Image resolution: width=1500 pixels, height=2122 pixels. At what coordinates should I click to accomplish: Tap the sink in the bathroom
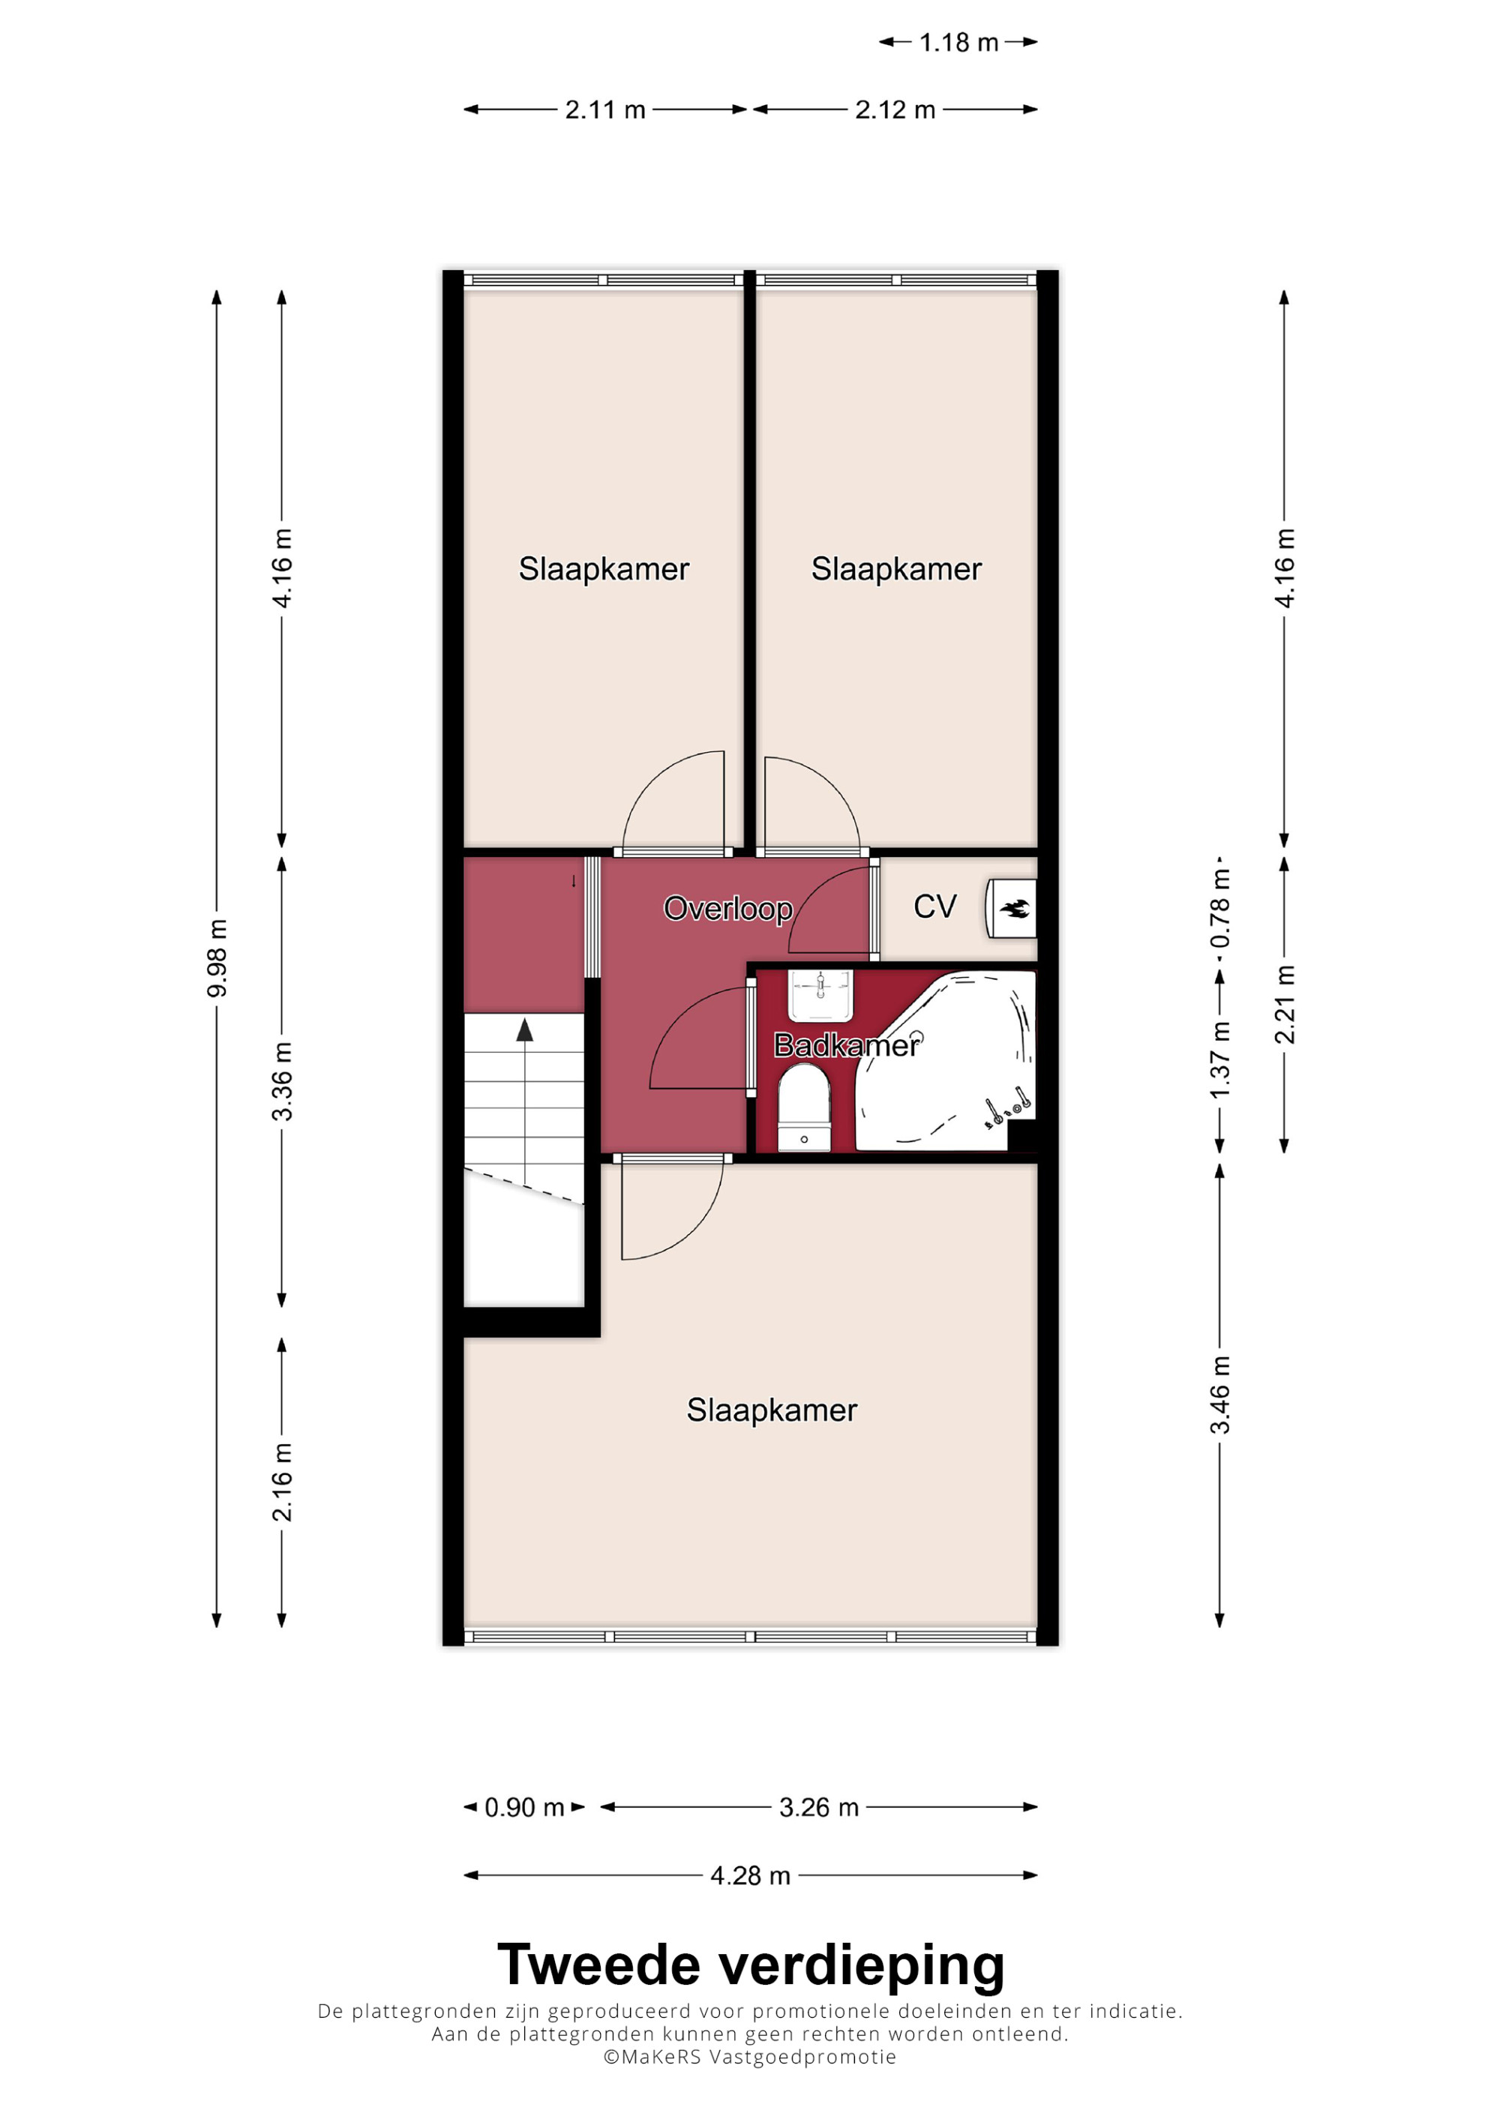pos(820,995)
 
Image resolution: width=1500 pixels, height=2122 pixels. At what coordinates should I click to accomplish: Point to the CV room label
pos(934,907)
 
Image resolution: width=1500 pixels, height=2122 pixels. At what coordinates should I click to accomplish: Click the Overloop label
pos(728,910)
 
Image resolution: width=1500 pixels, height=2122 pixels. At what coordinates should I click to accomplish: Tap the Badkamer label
pos(847,1045)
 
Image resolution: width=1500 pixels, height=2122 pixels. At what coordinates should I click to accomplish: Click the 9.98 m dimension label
pos(216,958)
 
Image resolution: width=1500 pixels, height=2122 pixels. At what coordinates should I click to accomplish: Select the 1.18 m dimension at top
pos(958,43)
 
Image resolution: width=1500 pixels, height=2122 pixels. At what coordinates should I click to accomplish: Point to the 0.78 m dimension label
pos(1220,910)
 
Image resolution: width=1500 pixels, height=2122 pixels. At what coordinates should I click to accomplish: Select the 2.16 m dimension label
pos(282,1482)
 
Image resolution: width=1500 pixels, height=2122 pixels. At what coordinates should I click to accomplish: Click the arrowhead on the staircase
pos(525,1030)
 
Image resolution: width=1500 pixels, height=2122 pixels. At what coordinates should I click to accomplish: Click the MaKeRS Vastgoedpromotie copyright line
pos(749,2058)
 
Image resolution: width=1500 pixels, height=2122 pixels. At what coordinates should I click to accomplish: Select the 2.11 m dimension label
pos(605,110)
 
